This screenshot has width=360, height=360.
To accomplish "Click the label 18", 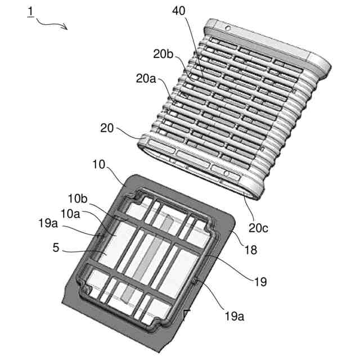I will (x=251, y=248).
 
